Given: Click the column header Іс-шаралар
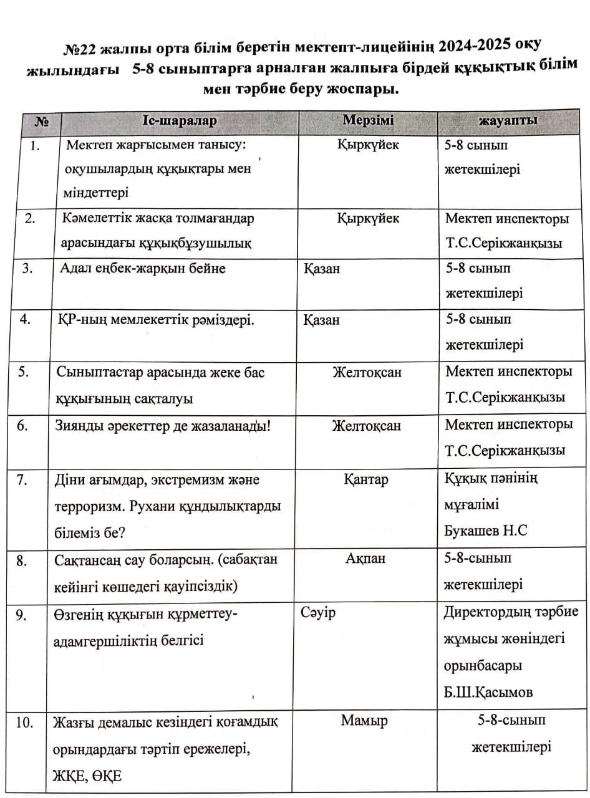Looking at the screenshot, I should [x=179, y=120].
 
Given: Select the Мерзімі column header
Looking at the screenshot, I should [x=369, y=120].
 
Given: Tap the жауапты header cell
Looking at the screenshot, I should [x=508, y=120].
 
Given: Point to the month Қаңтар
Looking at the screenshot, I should [x=366, y=479].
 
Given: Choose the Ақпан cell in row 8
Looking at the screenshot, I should [x=365, y=559].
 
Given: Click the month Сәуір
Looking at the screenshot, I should [x=318, y=612].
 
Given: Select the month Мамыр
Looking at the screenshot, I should [x=364, y=721].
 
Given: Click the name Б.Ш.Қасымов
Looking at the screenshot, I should [x=488, y=693].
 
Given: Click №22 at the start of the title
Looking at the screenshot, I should [x=80, y=48].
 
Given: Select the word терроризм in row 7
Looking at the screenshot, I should [x=85, y=506].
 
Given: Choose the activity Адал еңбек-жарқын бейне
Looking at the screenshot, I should [x=143, y=269].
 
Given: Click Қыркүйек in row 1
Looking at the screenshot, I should [x=368, y=145].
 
